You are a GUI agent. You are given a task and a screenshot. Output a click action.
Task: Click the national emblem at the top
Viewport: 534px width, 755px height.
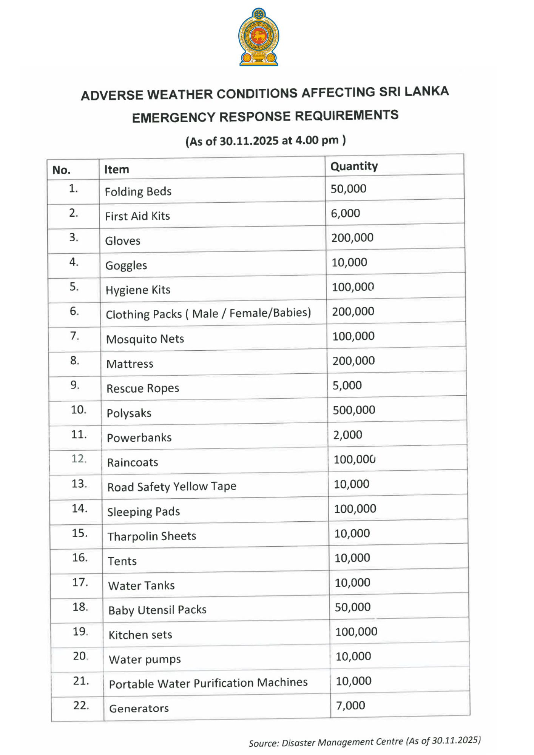259,37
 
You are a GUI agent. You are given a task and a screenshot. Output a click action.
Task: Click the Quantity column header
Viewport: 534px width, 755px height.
354,166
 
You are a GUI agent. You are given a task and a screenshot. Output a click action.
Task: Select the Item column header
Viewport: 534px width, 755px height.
117,169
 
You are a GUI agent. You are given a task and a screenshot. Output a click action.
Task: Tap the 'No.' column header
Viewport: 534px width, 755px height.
62,170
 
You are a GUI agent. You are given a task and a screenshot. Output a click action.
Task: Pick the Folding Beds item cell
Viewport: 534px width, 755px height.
138,192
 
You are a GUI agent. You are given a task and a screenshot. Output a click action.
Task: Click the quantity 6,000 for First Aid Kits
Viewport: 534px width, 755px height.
346,213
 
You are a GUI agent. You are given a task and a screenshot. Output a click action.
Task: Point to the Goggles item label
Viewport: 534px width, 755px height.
126,265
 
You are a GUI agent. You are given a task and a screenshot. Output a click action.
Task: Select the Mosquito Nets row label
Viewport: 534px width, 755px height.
145,339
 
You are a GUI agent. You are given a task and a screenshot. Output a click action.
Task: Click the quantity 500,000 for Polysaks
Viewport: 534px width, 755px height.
354,410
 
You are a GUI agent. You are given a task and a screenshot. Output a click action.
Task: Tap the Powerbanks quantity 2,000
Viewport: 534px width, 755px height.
347,435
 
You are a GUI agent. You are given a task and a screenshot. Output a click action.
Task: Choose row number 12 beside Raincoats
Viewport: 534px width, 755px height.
79,459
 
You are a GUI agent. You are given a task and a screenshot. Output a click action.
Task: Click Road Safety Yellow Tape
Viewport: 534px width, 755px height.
172,487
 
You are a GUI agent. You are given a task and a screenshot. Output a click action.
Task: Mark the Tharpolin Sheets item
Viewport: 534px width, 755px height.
152,536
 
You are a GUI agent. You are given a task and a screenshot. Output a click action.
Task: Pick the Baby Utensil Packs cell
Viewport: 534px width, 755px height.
157,610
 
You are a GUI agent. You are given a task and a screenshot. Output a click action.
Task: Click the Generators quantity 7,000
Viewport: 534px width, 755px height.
350,705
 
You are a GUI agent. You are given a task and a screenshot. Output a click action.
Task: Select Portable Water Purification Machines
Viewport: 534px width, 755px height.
208,683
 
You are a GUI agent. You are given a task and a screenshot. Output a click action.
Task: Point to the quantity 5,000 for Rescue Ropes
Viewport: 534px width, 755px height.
347,385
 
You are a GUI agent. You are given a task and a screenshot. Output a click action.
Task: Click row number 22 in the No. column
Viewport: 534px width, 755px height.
81,705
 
